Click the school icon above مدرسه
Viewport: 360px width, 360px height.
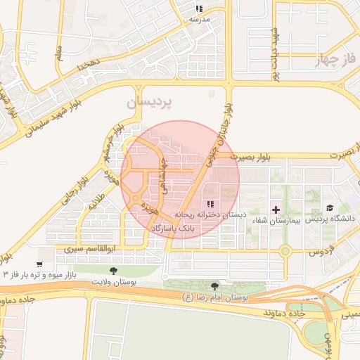point(199,9)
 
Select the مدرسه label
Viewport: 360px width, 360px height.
point(200,19)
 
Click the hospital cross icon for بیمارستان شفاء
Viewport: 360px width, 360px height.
point(276,209)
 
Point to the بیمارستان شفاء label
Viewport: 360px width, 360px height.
point(275,220)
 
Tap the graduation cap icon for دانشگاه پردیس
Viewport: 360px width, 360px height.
point(329,208)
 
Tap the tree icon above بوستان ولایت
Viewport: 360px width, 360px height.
point(113,270)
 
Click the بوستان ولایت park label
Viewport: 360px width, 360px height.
point(112,281)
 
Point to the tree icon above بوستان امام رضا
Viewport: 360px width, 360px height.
point(214,286)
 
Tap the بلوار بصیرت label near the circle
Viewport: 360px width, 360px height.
point(239,157)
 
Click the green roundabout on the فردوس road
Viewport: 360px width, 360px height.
point(285,250)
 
